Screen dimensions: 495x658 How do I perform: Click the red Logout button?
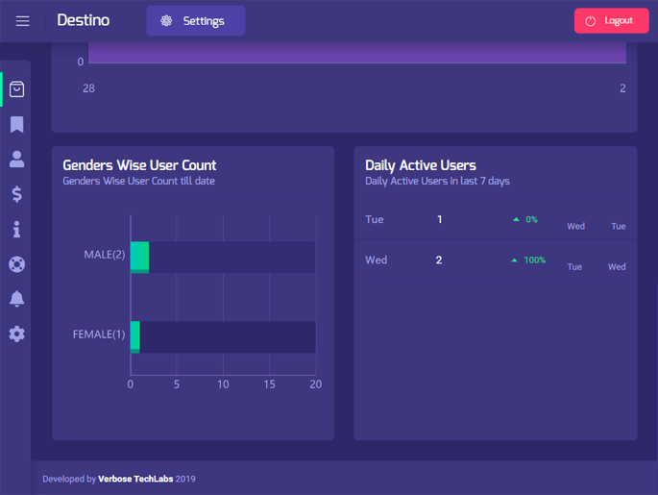click(611, 21)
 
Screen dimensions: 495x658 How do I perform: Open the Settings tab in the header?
click(195, 21)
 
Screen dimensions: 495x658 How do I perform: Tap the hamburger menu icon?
click(22, 21)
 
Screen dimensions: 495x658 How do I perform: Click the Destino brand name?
click(84, 20)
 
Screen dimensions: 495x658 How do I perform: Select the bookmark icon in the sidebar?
click(16, 125)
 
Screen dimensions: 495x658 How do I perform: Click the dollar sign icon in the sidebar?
click(16, 194)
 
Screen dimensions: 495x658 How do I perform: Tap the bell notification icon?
click(16, 299)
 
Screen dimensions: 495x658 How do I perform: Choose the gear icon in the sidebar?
click(16, 334)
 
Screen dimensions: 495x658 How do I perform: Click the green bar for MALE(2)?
click(139, 257)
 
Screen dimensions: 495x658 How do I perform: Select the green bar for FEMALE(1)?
click(135, 336)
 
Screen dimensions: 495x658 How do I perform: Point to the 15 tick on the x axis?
click(269, 384)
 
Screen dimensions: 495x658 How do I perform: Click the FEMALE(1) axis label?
click(99, 334)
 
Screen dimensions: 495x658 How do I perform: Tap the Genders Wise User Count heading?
click(139, 165)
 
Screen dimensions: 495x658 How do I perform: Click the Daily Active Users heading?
click(421, 165)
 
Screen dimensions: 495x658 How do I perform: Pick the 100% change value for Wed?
click(534, 260)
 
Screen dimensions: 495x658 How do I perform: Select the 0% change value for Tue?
click(531, 220)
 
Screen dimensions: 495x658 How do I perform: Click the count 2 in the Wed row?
click(439, 260)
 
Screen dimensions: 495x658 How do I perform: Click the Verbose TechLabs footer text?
click(135, 479)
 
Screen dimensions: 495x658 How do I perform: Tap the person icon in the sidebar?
click(16, 160)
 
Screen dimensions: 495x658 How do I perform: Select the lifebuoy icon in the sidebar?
click(16, 264)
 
